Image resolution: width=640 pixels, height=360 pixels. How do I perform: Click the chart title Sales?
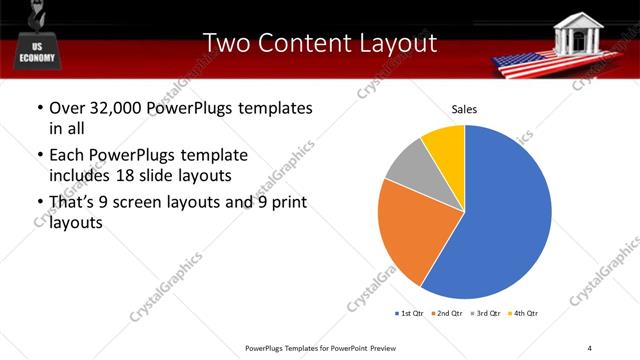(464, 108)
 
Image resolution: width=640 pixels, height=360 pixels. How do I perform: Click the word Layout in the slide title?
(394, 43)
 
